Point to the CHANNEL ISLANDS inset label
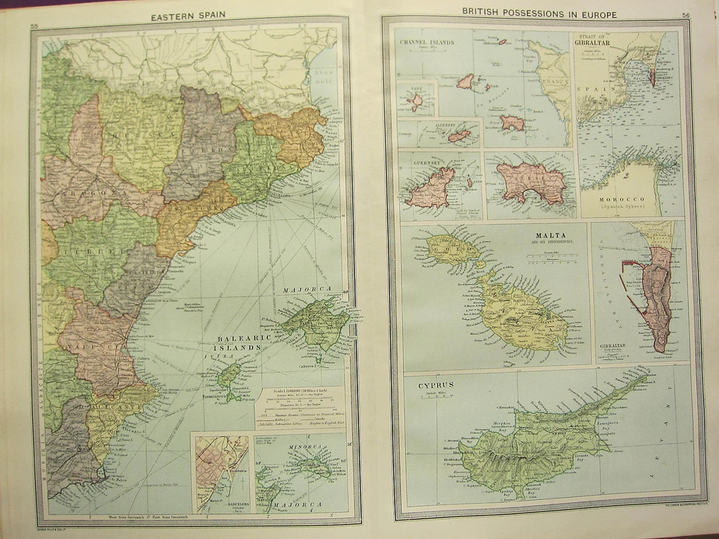pyautogui.click(x=428, y=42)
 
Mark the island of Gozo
pyautogui.click(x=456, y=250)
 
